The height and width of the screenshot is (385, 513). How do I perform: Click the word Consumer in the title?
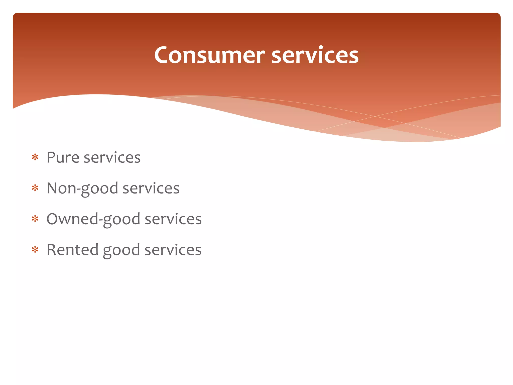(x=209, y=55)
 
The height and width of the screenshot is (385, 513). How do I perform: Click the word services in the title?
(x=315, y=55)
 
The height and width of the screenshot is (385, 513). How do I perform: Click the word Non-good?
(x=82, y=188)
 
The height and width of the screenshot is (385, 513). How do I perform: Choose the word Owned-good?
(x=93, y=219)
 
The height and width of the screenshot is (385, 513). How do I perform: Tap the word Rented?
(x=72, y=250)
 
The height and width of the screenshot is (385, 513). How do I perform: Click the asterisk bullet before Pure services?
(x=35, y=158)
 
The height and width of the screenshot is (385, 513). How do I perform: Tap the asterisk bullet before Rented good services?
(x=35, y=250)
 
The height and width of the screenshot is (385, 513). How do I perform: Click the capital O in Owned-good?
(x=53, y=219)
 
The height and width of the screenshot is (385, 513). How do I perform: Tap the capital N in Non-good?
(x=53, y=188)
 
